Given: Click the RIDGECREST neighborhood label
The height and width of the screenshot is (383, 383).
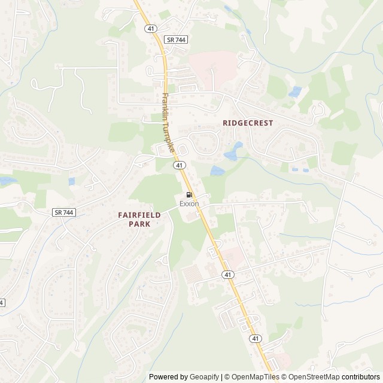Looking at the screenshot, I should click(x=247, y=123).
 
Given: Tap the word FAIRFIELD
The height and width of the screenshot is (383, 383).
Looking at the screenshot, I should click(x=135, y=214).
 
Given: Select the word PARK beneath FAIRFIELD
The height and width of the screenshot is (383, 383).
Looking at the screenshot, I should click(x=139, y=223).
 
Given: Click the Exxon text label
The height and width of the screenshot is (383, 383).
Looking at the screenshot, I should click(x=189, y=203).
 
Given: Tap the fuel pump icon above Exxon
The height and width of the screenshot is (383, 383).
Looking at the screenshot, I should click(x=189, y=194).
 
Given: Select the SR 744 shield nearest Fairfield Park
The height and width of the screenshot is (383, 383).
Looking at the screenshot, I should click(x=63, y=212).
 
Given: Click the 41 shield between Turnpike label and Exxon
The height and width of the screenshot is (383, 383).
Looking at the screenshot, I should click(x=180, y=165).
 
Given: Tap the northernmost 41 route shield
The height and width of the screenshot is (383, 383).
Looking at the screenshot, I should click(x=150, y=28).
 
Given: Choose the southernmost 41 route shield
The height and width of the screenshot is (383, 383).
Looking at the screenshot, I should click(x=256, y=338).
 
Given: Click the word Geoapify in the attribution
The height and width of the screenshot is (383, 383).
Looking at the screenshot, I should click(x=205, y=377).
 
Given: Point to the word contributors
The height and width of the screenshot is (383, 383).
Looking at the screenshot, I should click(x=361, y=377).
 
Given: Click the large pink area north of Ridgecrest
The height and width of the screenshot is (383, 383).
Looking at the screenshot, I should click(x=212, y=63).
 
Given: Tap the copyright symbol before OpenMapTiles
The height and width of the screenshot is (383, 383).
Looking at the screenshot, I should click(x=226, y=377).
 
